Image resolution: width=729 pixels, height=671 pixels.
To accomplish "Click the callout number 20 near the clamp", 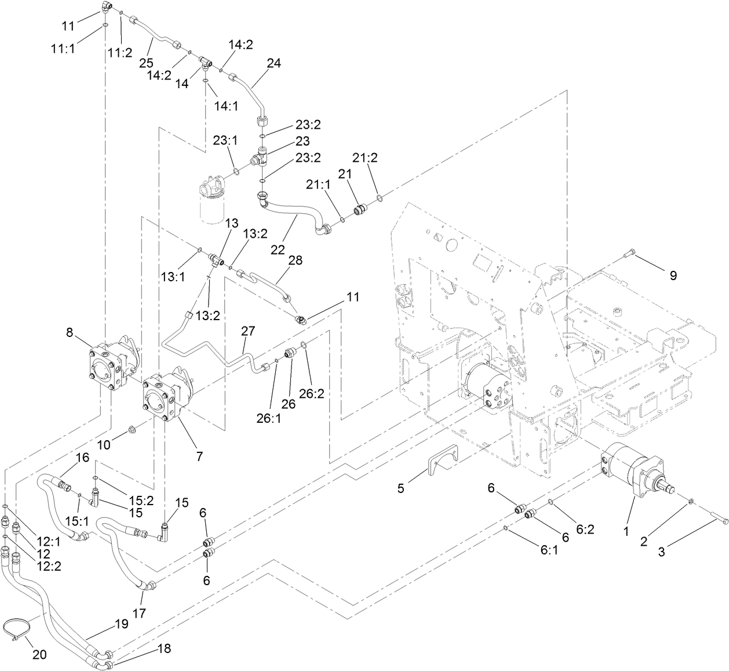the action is tap(39, 655).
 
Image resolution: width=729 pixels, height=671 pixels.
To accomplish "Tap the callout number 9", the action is tap(673, 276).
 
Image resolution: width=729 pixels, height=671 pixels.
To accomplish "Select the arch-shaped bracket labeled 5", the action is tap(443, 458).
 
